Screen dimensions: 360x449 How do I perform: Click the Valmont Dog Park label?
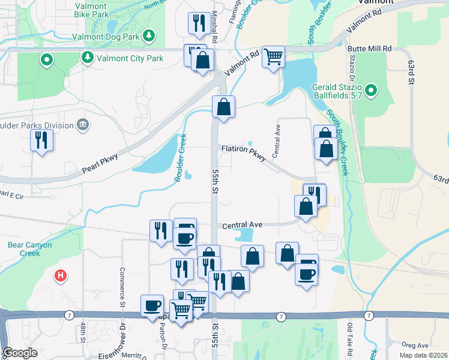point(114,38)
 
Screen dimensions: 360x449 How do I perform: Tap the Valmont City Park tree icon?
point(88,58)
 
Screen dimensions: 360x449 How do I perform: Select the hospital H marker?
point(61,276)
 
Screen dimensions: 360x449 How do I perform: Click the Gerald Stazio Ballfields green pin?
point(371,91)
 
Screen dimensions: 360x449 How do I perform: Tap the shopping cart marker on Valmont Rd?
point(273,57)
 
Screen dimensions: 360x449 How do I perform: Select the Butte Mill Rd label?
point(369,48)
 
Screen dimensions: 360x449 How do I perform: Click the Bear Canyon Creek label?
point(30,248)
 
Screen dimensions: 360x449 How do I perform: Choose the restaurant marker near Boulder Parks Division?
point(41,140)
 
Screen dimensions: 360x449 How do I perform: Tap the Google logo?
point(20,353)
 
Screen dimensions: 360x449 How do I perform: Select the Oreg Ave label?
point(415,345)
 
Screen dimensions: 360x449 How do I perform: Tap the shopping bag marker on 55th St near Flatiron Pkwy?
point(223,107)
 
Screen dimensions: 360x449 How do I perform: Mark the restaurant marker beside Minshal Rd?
point(199,23)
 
